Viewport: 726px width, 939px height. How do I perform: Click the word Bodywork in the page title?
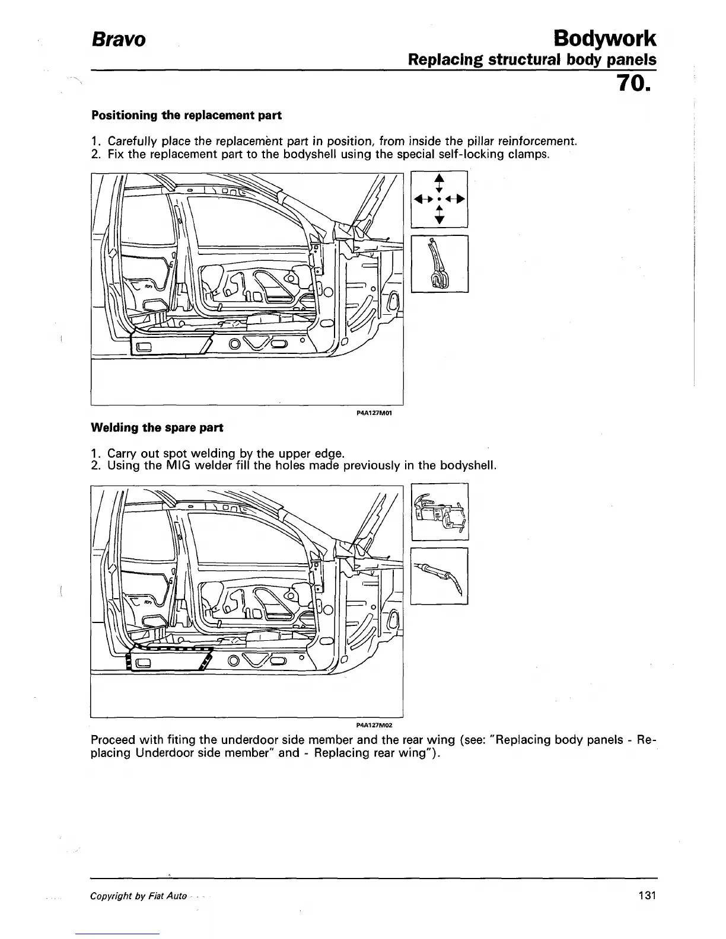[604, 39]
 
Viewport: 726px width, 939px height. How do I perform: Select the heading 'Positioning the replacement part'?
[186, 115]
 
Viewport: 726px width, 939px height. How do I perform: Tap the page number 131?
[648, 896]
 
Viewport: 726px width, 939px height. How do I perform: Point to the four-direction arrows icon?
[440, 199]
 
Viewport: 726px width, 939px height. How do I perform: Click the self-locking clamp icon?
[440, 264]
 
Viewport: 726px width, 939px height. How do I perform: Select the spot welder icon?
[440, 512]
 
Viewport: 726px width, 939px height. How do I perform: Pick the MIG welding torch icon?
[440, 576]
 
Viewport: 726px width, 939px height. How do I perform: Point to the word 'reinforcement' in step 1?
[536, 142]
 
